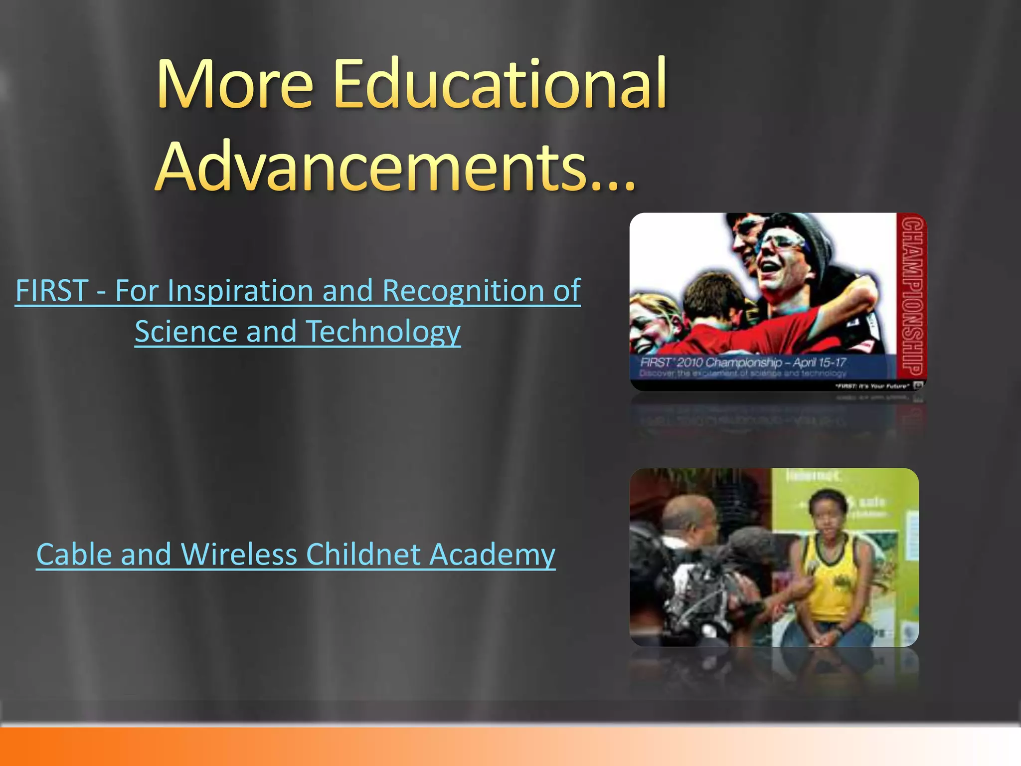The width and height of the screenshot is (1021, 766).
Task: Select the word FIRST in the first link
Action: tap(52, 290)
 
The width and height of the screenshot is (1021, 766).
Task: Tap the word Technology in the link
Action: tap(383, 332)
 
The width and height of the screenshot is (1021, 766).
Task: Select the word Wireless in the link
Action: tap(239, 554)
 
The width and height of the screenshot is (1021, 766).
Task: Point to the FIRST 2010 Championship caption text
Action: tap(743, 363)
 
